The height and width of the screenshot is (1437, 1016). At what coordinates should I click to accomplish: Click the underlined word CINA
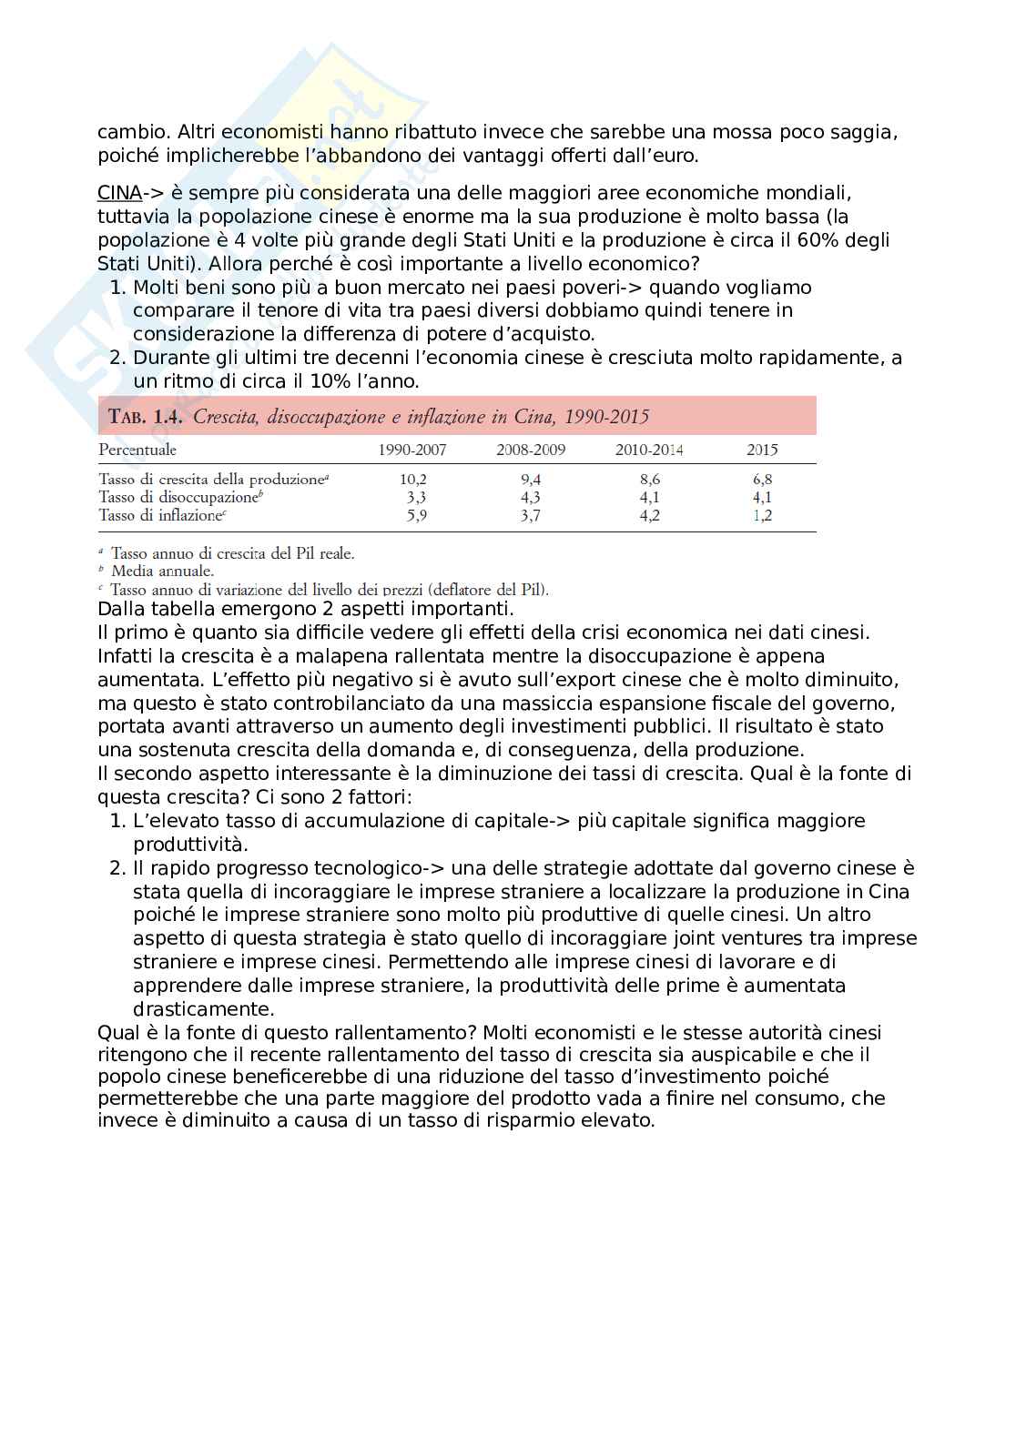[119, 193]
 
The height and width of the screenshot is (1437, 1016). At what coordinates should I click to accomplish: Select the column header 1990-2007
[412, 450]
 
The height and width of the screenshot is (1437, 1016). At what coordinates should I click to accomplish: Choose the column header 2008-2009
[531, 450]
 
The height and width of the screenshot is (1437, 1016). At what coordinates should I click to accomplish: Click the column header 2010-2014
[649, 450]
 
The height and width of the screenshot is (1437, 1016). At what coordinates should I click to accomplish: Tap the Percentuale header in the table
[137, 450]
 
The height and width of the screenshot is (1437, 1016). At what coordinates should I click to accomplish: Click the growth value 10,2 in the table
[413, 479]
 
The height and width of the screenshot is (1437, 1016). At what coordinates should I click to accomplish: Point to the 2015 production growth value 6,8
[762, 479]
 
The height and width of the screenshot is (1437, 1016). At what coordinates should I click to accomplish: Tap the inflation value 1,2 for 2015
[762, 515]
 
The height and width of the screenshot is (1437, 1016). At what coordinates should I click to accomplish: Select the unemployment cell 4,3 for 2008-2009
[531, 497]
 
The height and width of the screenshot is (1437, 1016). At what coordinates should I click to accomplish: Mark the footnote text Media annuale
[162, 571]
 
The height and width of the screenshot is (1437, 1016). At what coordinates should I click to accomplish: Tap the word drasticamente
[203, 1009]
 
